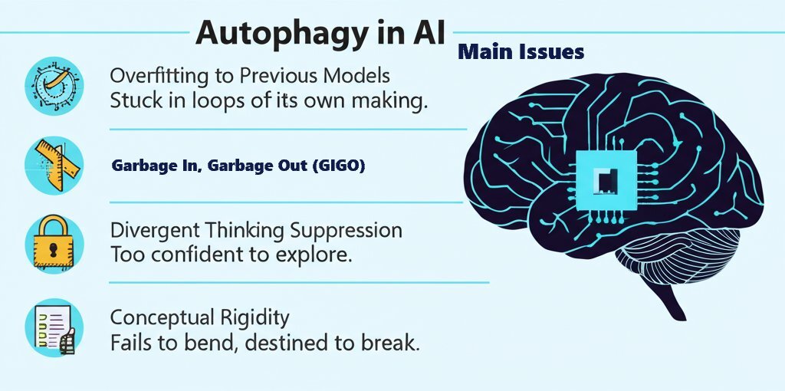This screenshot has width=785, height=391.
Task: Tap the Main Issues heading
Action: point(521,52)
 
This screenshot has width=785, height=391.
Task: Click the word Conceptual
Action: point(156,317)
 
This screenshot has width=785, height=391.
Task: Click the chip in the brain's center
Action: point(606,179)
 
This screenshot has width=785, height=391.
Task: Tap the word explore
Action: point(314,255)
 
